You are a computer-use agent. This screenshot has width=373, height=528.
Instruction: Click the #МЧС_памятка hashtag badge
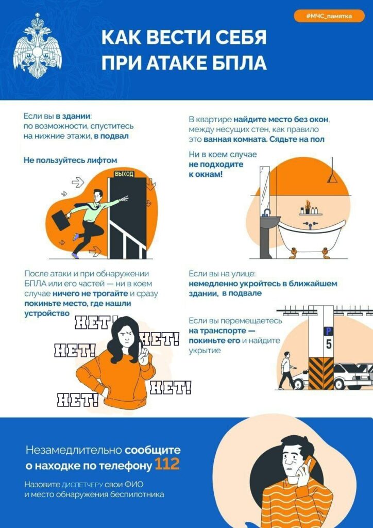point(329,16)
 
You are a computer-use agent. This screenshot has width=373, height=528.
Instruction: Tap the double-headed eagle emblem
point(37,46)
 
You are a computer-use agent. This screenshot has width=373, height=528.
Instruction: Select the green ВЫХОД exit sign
point(124,174)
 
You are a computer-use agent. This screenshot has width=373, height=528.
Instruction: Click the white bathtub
point(311,236)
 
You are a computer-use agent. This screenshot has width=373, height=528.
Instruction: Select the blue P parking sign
point(328,332)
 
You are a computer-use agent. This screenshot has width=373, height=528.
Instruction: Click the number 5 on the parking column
point(328,344)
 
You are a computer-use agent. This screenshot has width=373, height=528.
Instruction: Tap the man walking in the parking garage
point(287,370)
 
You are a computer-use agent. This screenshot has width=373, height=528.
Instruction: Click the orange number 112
point(167,465)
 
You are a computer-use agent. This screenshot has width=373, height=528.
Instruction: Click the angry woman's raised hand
point(143,357)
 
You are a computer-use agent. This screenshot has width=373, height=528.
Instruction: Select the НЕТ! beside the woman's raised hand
point(159,338)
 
